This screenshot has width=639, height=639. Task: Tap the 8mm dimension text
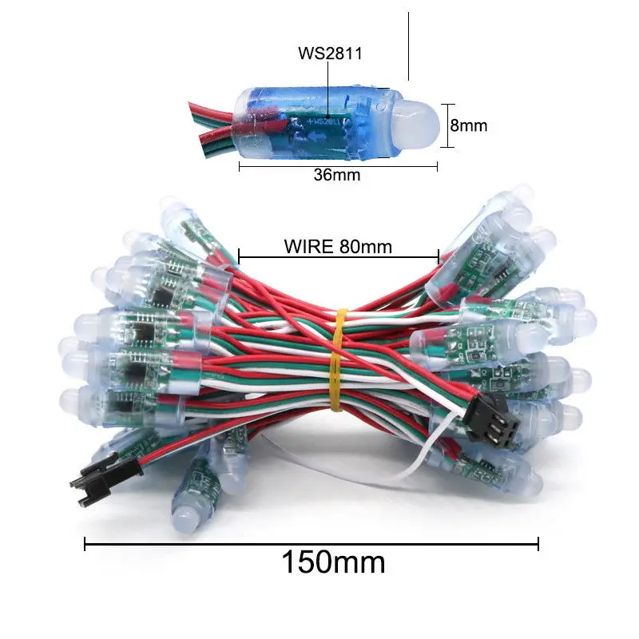point(468,125)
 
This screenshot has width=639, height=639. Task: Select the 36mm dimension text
point(336,175)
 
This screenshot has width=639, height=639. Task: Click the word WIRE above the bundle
point(308,246)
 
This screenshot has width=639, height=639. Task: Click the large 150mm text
point(332,562)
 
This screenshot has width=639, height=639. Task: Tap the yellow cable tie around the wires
point(336,359)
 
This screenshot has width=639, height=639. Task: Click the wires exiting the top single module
point(209,124)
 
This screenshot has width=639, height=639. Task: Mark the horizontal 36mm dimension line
point(338,166)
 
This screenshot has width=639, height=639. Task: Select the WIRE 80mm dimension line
point(338,258)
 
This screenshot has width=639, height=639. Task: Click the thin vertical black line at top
point(408,46)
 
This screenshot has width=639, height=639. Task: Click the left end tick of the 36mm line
point(240,166)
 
